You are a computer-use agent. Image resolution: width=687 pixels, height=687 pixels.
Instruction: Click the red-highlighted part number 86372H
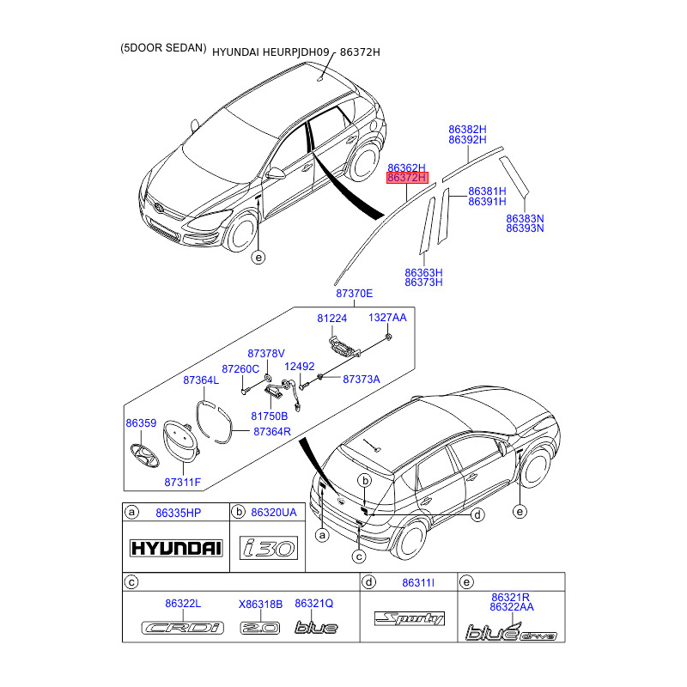(x=407, y=178)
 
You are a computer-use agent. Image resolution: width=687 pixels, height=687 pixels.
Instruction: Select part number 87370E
(x=355, y=294)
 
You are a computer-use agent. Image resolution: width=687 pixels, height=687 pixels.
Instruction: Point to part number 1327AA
(x=387, y=318)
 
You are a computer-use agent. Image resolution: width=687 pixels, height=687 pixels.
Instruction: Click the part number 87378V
(x=265, y=353)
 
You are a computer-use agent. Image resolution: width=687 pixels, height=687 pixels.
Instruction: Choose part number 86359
(x=141, y=423)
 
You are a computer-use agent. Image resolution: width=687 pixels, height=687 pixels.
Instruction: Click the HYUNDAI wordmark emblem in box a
(x=175, y=548)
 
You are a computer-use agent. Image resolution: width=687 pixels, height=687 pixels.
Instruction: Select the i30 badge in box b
(x=267, y=548)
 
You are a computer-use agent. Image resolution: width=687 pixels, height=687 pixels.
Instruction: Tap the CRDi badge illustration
(x=182, y=628)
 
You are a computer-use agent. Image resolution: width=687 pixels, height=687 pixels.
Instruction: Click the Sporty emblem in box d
(x=409, y=618)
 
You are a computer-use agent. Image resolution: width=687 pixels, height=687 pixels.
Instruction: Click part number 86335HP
(x=178, y=513)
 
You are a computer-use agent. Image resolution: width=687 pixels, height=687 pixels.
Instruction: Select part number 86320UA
(x=273, y=513)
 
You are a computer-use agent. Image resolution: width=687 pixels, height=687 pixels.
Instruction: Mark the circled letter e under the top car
(x=258, y=257)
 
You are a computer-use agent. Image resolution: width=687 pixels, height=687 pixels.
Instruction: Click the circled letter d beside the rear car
(x=478, y=514)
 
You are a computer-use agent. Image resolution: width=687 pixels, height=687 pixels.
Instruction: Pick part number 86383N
(x=525, y=218)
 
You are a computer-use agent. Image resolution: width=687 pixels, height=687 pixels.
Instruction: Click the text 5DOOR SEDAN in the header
(x=163, y=49)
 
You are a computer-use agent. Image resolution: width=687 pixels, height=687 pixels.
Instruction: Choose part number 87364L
(x=201, y=379)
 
